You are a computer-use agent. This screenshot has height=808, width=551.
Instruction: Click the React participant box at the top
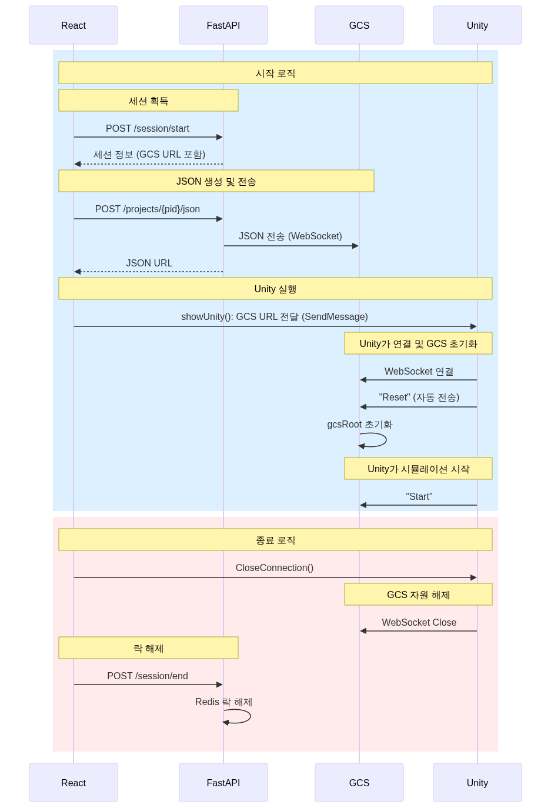tap(74, 25)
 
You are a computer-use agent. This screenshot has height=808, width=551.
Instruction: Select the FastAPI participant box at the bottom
tap(223, 783)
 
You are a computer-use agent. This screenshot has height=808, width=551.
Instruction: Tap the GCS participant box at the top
tap(359, 25)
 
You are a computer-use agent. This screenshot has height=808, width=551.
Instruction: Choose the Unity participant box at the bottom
tap(477, 783)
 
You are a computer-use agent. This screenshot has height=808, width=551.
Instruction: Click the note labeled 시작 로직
tap(275, 73)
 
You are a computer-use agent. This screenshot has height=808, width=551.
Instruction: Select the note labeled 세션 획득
tap(148, 101)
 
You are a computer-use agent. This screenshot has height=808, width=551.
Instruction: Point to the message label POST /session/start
tap(148, 128)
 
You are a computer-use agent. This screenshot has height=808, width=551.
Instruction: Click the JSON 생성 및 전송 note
tap(216, 181)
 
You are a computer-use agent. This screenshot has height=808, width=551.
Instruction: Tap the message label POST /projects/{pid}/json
tap(148, 209)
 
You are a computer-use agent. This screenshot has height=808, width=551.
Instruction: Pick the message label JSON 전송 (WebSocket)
tap(290, 236)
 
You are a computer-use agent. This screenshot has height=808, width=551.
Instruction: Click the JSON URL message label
tap(149, 263)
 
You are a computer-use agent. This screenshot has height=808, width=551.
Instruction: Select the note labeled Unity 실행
tap(275, 289)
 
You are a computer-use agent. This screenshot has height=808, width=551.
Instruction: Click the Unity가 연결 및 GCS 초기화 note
tap(418, 343)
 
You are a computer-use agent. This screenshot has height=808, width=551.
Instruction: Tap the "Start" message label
tap(419, 496)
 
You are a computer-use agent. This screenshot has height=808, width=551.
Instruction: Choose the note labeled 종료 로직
tap(275, 540)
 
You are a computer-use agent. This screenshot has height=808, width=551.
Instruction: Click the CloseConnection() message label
tap(275, 567)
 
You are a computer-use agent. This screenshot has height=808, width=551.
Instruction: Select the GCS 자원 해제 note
tap(418, 595)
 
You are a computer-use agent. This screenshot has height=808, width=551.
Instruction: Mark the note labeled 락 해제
tap(148, 648)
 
